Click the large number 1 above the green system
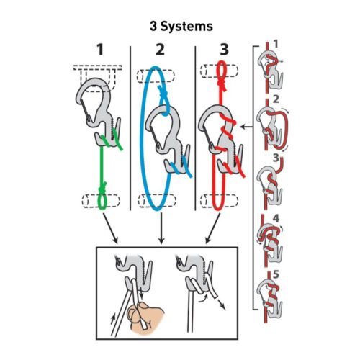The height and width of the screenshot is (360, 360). [100, 51]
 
